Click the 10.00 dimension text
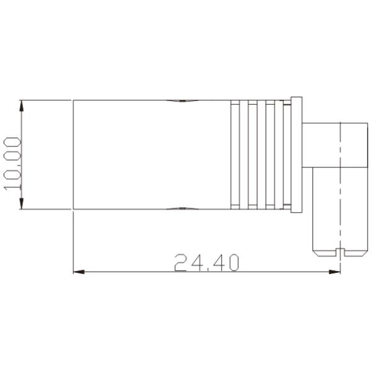click(x=12, y=164)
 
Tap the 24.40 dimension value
click(x=206, y=263)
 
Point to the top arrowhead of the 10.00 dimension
click(x=22, y=105)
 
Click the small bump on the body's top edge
click(x=181, y=100)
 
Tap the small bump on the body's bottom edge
click(x=181, y=209)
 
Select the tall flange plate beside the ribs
click(x=296, y=155)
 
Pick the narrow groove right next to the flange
click(x=287, y=155)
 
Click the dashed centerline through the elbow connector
click(x=340, y=186)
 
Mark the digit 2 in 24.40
click(x=182, y=263)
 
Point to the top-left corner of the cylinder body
click(x=74, y=100)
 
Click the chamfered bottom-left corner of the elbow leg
click(x=314, y=253)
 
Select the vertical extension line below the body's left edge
click(x=74, y=242)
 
